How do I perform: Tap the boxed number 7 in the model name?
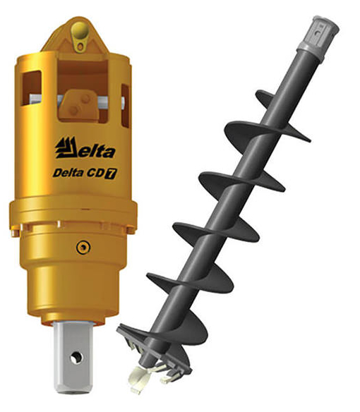[111, 174]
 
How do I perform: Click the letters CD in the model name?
[95, 174]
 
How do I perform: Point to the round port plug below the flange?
[83, 247]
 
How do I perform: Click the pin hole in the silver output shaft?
[76, 358]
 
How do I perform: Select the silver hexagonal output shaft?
[73, 358]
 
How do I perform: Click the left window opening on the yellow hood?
[32, 87]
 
